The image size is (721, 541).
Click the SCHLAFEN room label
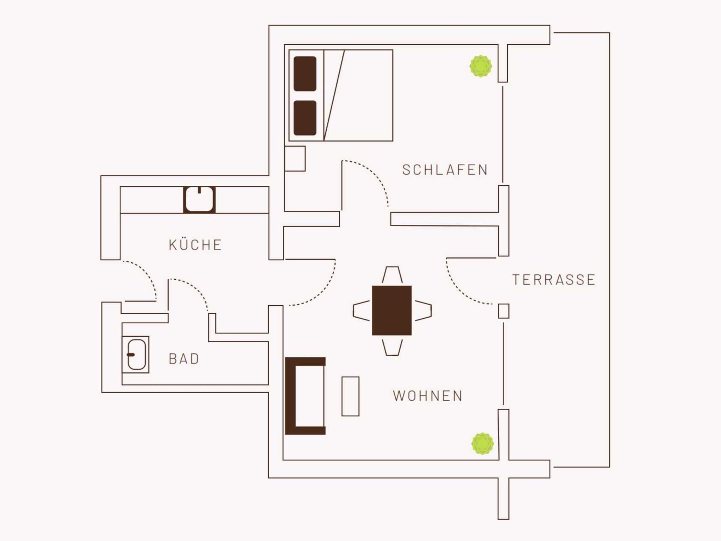pos(445,170)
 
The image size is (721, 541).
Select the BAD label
pos(184,359)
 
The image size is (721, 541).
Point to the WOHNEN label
pos(428,396)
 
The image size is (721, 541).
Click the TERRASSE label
pos(554,280)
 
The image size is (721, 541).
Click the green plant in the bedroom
pos(481,66)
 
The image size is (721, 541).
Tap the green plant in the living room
pos(482,444)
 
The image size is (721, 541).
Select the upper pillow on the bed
pos(305,74)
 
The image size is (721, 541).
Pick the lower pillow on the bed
pos(305,118)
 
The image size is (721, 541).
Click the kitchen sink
pos(199,199)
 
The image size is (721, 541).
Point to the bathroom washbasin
pos(136,355)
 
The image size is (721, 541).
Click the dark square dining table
pos(392,310)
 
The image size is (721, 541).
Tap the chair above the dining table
pos(392,275)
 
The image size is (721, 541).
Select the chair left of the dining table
pos(362,311)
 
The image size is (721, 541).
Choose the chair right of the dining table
pos(423,311)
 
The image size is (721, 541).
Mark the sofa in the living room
pos(290,396)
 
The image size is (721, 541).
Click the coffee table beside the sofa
pos(351,396)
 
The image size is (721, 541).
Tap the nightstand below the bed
pos(295,159)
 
